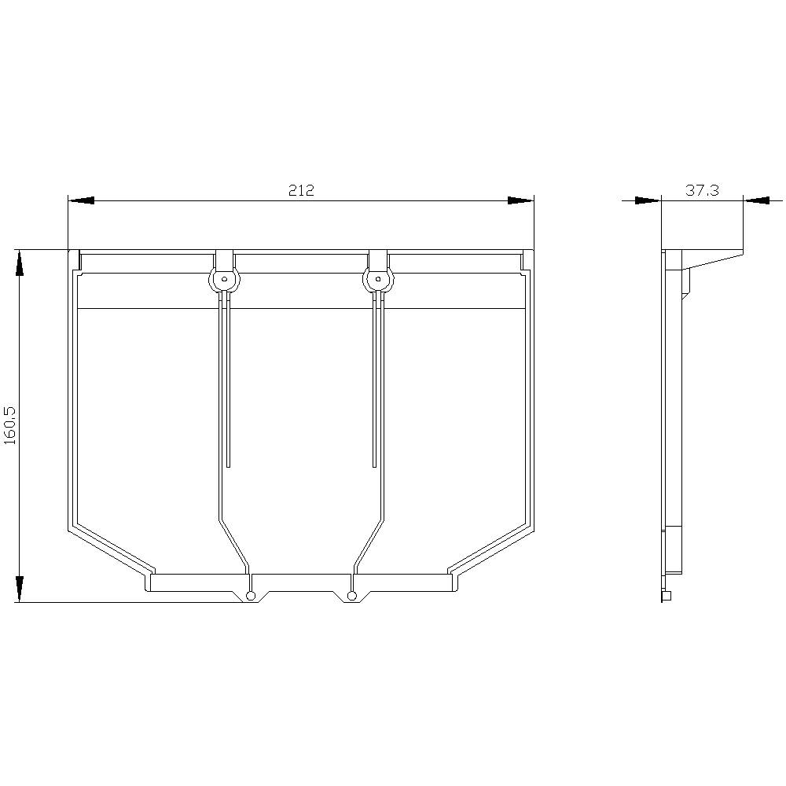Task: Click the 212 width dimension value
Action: click(x=301, y=190)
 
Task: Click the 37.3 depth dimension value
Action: click(x=702, y=190)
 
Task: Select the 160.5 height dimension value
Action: click(x=10, y=425)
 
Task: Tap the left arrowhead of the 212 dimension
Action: click(x=81, y=200)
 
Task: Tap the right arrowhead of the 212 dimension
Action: click(x=521, y=200)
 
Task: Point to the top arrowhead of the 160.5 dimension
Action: click(x=19, y=263)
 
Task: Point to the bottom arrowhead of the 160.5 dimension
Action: click(x=19, y=589)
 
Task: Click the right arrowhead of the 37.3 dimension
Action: click(x=756, y=200)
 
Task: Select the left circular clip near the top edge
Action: click(x=225, y=280)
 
